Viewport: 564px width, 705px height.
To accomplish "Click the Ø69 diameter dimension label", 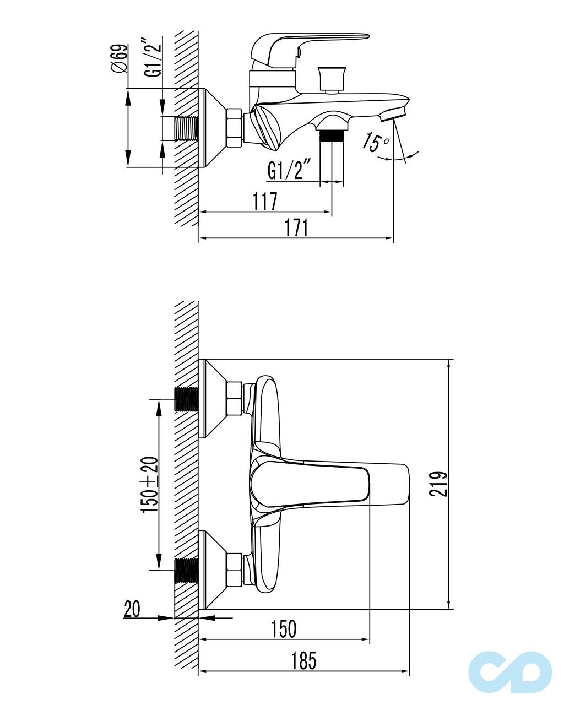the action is [119, 58].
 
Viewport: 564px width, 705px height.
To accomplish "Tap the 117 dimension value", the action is [265, 201].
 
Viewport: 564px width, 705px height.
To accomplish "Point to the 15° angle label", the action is [375, 142].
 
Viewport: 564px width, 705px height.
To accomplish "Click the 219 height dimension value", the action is [438, 484].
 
